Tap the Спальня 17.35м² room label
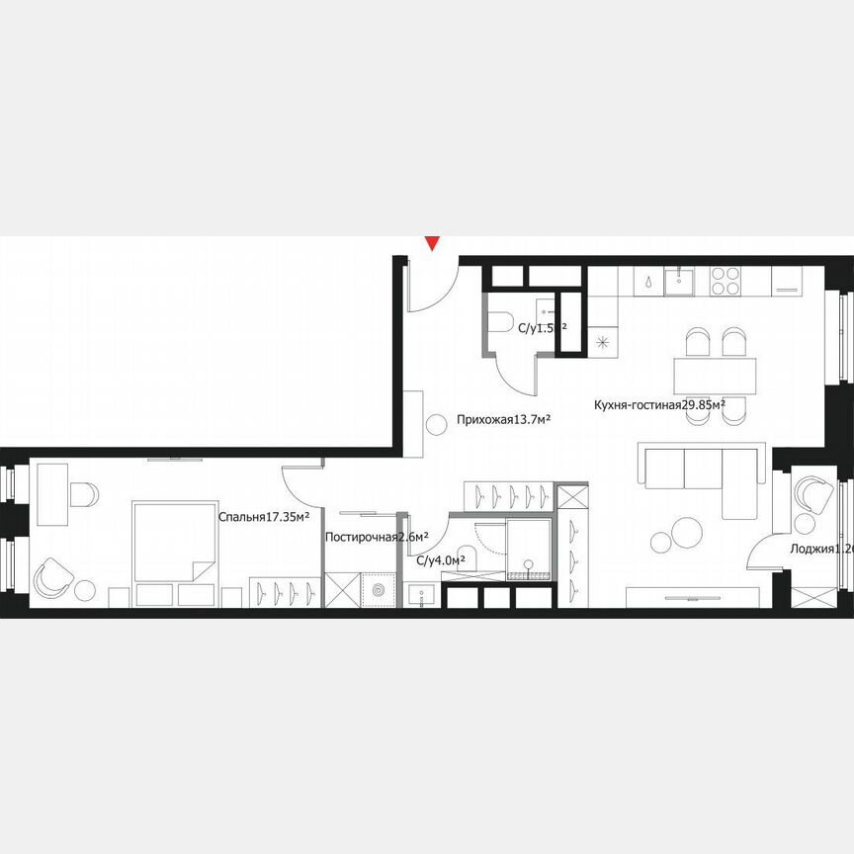coord(264,516)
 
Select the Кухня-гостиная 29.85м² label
coord(659,404)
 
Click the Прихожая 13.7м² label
coord(503,420)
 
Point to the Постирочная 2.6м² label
coord(377,538)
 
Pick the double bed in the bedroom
coord(174,543)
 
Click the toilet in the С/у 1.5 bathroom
coord(499,322)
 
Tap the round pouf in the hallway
coord(436,426)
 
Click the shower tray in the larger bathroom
coord(531,550)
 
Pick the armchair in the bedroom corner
coord(54,576)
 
